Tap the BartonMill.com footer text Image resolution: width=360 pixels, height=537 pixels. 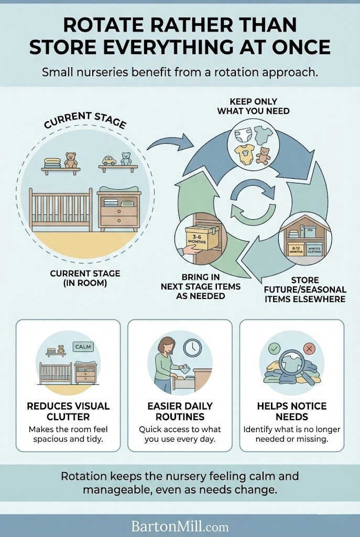pyautogui.click(x=180, y=525)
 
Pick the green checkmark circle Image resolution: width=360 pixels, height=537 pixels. pyautogui.click(x=274, y=348)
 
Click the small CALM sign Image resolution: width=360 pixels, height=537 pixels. pyautogui.click(x=83, y=347)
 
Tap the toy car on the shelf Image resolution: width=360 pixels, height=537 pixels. pyautogui.click(x=109, y=160)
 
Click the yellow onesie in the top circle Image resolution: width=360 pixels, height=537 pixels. pyautogui.click(x=245, y=154)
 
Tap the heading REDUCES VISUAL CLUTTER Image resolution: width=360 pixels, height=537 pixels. pyautogui.click(x=68, y=412)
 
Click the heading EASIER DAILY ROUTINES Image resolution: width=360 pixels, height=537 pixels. pyautogui.click(x=180, y=412)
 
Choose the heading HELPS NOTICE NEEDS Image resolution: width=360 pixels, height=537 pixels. pyautogui.click(x=291, y=412)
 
